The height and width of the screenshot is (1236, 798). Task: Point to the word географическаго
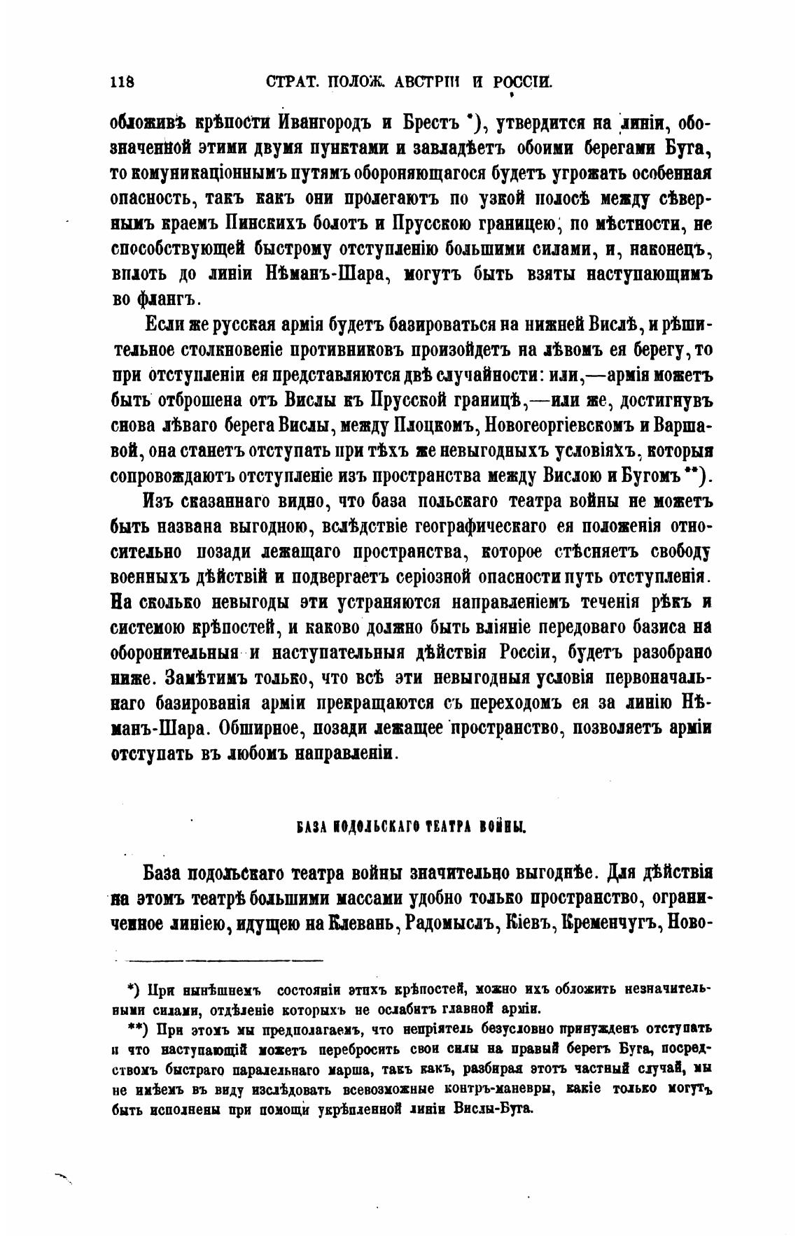click(461, 527)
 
